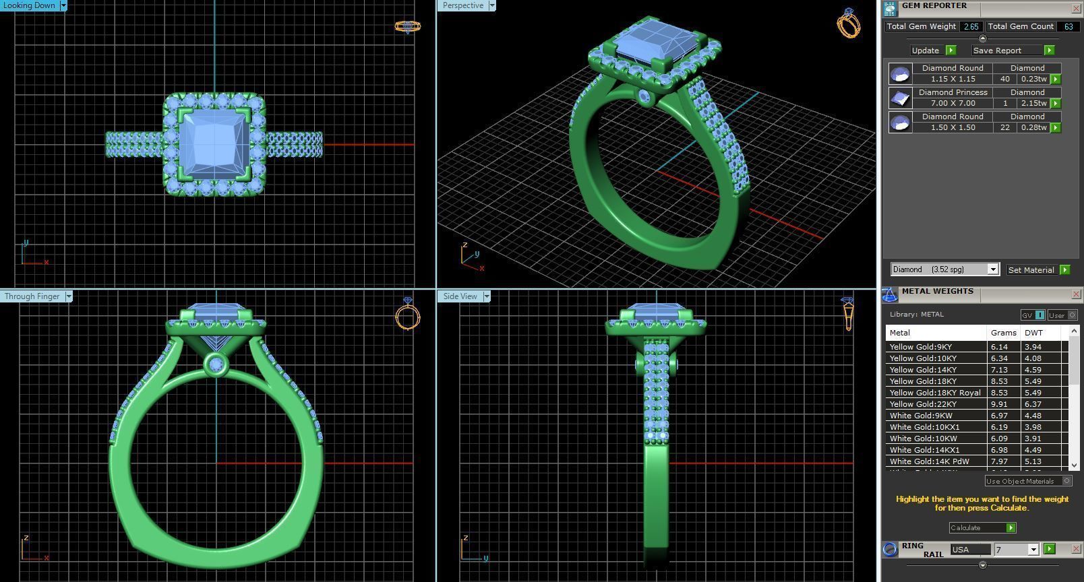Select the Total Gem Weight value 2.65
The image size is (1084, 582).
click(x=971, y=26)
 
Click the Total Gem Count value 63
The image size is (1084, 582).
click(x=1068, y=26)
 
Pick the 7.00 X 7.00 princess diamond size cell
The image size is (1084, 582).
click(x=953, y=103)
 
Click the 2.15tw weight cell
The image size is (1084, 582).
click(x=1033, y=103)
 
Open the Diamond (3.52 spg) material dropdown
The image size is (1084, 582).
click(x=992, y=269)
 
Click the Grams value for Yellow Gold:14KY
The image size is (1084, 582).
click(x=1003, y=370)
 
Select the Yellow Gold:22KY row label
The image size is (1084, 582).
click(x=923, y=404)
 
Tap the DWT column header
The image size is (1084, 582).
click(x=1033, y=333)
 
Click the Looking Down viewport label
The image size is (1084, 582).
click(x=30, y=5)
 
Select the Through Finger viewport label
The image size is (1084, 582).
click(x=32, y=296)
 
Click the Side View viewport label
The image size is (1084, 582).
click(x=460, y=296)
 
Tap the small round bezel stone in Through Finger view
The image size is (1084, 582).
click(x=216, y=364)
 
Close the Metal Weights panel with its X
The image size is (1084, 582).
click(x=1076, y=294)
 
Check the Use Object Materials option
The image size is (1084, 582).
click(x=1066, y=481)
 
